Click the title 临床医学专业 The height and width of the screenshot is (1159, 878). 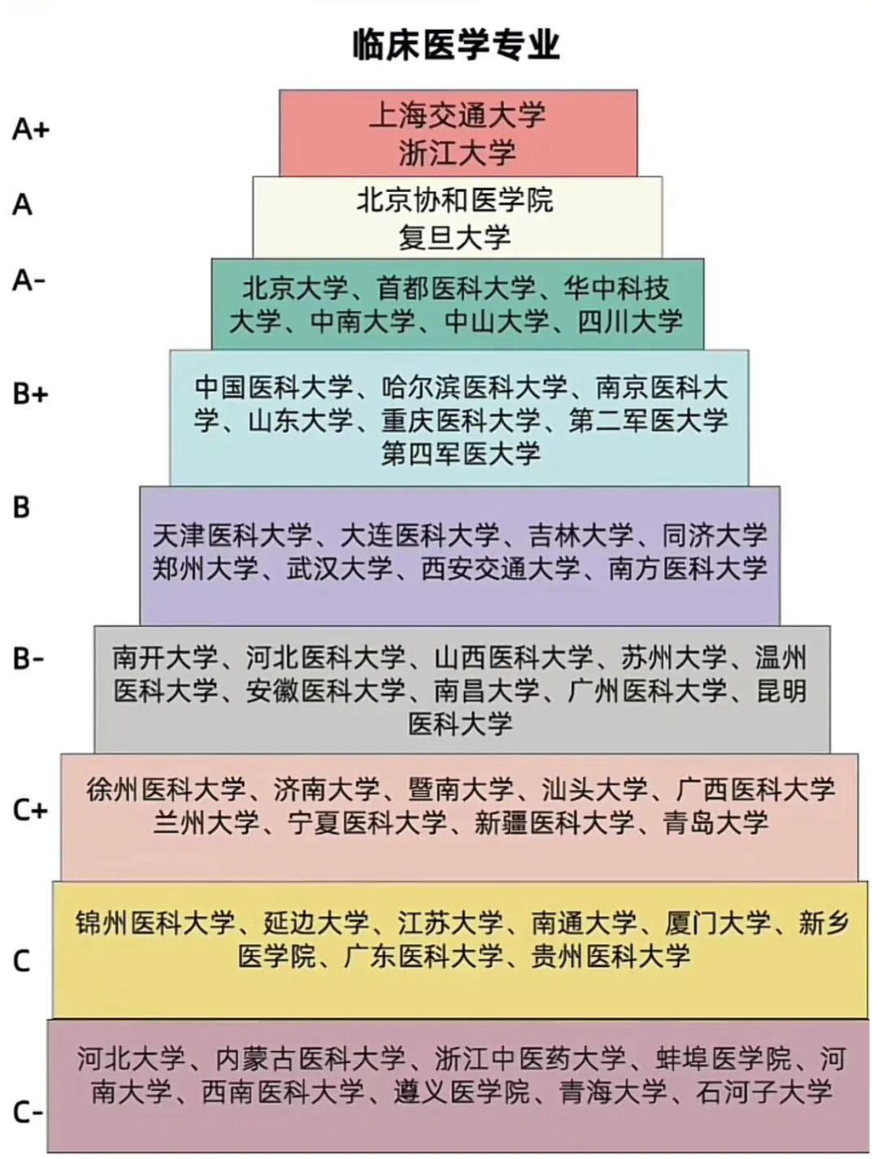coord(456,44)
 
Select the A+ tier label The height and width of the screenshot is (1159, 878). coord(31,129)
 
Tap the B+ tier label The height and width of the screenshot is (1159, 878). coord(31,393)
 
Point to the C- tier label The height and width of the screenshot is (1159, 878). coord(28,1111)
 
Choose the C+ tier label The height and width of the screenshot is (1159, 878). coord(31,810)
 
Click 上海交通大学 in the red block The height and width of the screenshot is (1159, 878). coord(458,115)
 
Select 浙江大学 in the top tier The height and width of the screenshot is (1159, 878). coord(458,153)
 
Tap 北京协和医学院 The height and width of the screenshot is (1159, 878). coord(455,200)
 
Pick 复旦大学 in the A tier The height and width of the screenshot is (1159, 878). coord(455,237)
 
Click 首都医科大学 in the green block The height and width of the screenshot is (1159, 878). coord(455,288)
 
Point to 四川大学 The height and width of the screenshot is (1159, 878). coord(630,321)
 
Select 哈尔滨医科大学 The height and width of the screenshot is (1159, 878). coord(474,387)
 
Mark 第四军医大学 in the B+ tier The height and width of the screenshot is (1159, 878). coord(460,454)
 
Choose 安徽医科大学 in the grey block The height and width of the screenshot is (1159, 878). coord(325,691)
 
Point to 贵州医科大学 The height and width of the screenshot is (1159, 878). coord(611,956)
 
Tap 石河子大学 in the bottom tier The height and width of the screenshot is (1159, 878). coord(763,1092)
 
